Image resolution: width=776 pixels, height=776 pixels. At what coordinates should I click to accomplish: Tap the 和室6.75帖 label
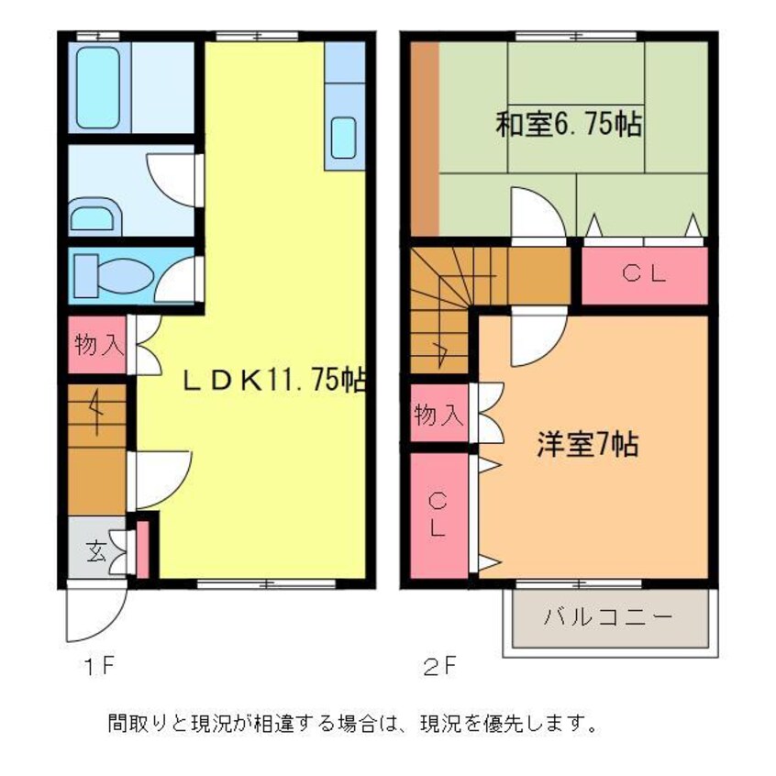coord(568,125)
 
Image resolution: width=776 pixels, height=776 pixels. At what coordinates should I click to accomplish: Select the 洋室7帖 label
coord(587,445)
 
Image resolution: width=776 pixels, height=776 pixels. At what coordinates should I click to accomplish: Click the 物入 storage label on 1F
coord(97,346)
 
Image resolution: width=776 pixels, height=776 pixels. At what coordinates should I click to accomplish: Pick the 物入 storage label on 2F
coord(438,416)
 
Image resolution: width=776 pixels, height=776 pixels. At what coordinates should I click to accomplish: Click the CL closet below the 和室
coord(645,272)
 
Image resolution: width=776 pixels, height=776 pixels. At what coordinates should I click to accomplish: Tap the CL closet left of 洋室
coord(438,514)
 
